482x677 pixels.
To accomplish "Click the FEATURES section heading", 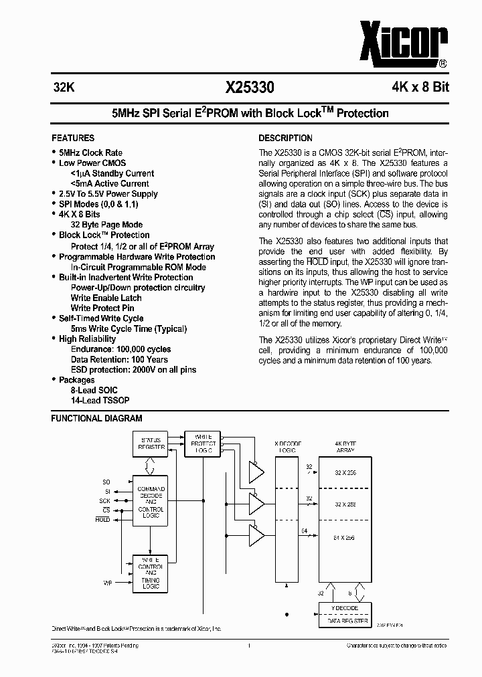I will pyautogui.click(x=73, y=138).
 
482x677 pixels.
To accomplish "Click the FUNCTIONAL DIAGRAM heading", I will pyautogui.click(x=97, y=418).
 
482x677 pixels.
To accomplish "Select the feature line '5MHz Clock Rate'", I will pyautogui.click(x=90, y=153).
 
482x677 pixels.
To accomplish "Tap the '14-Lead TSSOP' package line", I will pyautogui.click(x=100, y=400).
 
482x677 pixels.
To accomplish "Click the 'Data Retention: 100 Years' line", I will pyautogui.click(x=119, y=359).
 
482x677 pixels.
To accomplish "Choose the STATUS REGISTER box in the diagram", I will pyautogui.click(x=151, y=444).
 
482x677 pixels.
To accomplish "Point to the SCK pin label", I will pyautogui.click(x=105, y=500).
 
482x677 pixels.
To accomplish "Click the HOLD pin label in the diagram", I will pyautogui.click(x=103, y=519).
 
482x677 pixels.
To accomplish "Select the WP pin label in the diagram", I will pyautogui.click(x=107, y=583).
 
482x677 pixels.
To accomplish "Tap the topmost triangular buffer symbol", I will pyautogui.click(x=255, y=472).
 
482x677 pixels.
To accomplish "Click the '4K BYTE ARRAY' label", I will pyautogui.click(x=345, y=447).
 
